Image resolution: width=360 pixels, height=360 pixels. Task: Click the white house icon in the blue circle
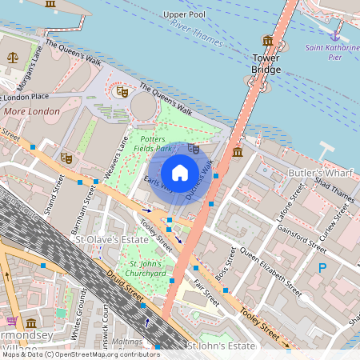click(x=180, y=172)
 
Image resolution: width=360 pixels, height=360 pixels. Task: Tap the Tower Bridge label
click(x=266, y=64)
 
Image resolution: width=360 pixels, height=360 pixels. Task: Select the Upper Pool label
click(x=184, y=14)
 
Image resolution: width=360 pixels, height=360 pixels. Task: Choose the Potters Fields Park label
click(x=152, y=143)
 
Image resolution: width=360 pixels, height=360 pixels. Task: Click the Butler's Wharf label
click(x=309, y=174)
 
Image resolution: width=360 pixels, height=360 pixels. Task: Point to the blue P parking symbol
click(x=322, y=269)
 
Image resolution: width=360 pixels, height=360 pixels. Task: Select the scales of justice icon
click(x=12, y=58)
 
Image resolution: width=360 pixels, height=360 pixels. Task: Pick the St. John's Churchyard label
click(x=146, y=269)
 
